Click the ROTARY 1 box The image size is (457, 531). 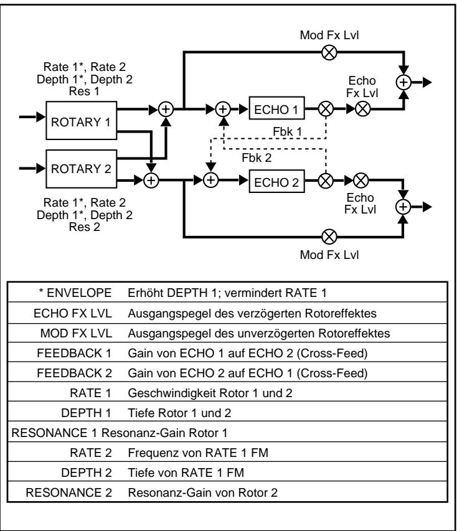pyautogui.click(x=82, y=120)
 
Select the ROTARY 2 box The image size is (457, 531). pyautogui.click(x=82, y=169)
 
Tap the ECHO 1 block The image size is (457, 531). pyautogui.click(x=276, y=108)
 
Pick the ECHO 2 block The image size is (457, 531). pyautogui.click(x=276, y=181)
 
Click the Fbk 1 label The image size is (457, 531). pyautogui.click(x=287, y=132)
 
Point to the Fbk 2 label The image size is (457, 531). pyautogui.click(x=257, y=158)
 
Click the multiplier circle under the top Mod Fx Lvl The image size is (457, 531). pyautogui.click(x=329, y=52)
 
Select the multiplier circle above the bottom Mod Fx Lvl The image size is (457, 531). pyautogui.click(x=329, y=237)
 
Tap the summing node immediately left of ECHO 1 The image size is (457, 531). pyautogui.click(x=223, y=109)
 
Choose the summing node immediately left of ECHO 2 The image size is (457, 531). pyautogui.click(x=210, y=180)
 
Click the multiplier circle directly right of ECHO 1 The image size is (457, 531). pyautogui.click(x=326, y=109)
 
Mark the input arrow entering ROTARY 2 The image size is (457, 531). pyautogui.click(x=32, y=168)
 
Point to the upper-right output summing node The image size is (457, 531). pyautogui.click(x=403, y=82)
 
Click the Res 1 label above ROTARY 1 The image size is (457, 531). pyautogui.click(x=84, y=91)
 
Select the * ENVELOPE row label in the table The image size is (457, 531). pyautogui.click(x=75, y=293)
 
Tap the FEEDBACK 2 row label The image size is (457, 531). pyautogui.click(x=74, y=373)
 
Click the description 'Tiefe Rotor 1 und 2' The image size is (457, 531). pyautogui.click(x=179, y=413)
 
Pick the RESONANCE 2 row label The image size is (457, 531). pyautogui.click(x=68, y=492)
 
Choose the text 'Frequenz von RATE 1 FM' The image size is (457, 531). pyautogui.click(x=198, y=453)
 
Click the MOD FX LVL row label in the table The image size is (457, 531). pyautogui.click(x=76, y=333)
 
